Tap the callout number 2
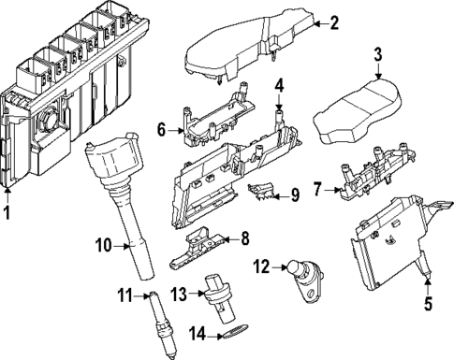[334, 23]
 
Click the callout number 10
[105, 246]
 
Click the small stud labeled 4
[278, 119]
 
